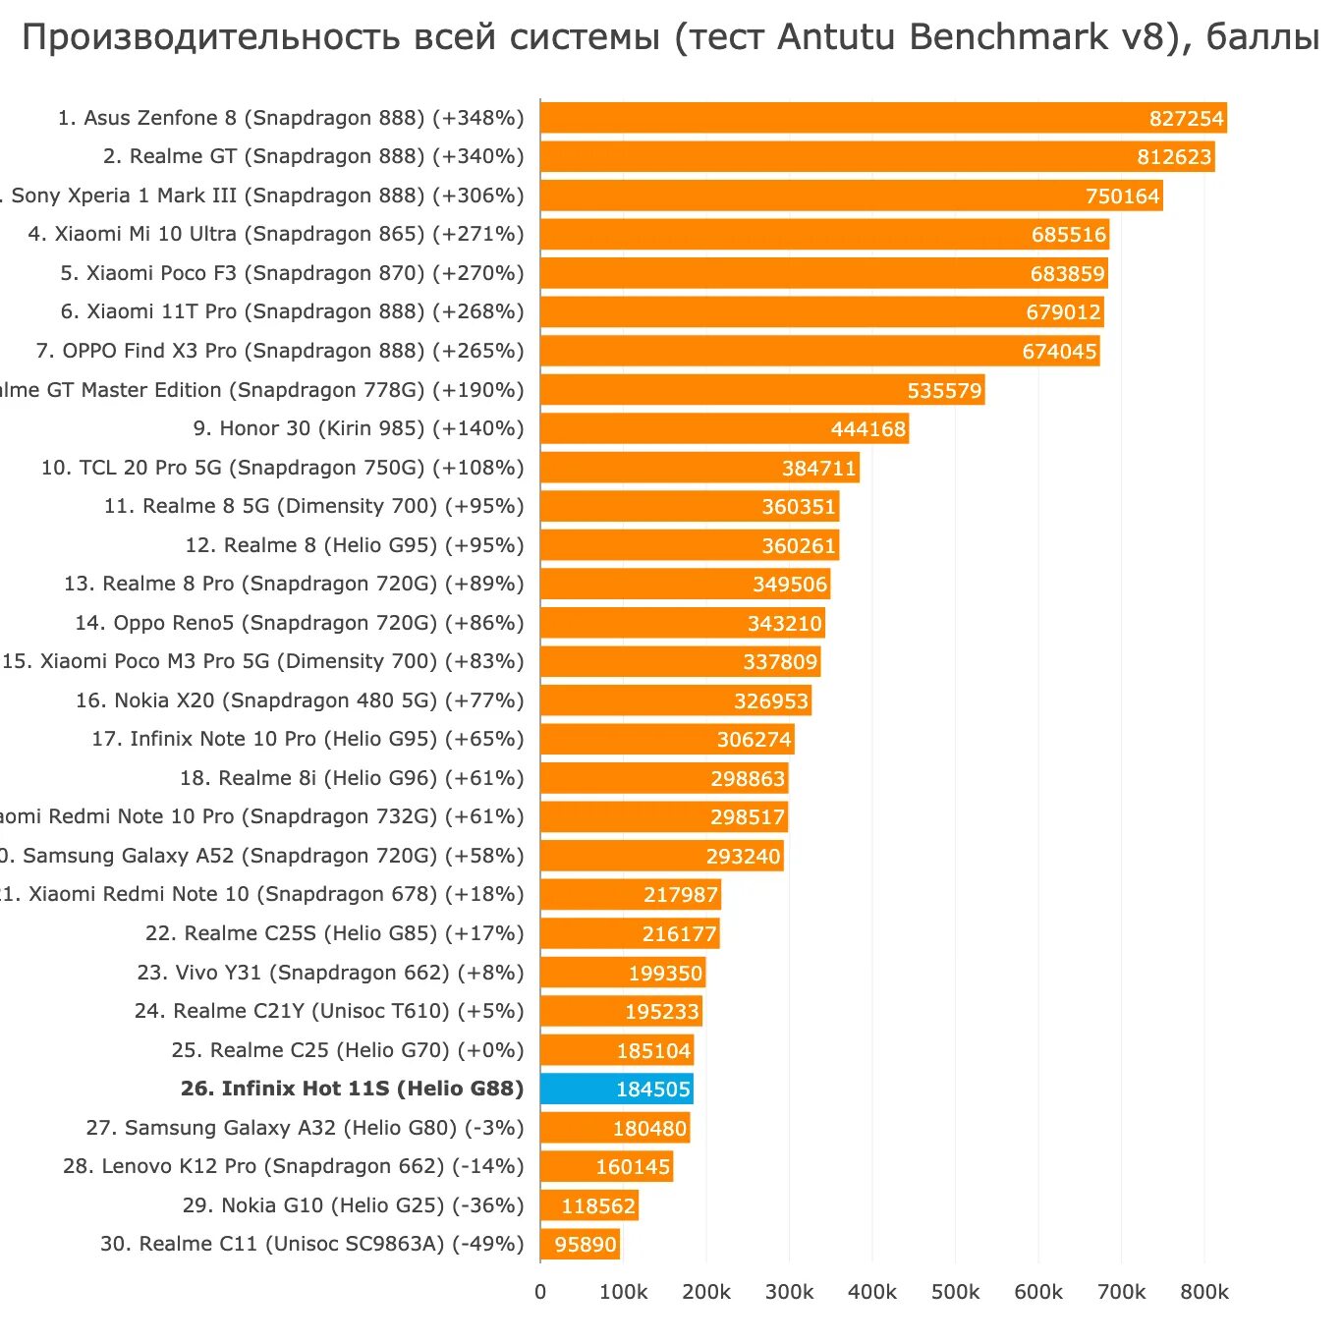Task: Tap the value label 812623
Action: [x=1174, y=157]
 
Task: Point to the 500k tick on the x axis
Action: [x=955, y=1292]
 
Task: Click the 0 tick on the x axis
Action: [x=540, y=1292]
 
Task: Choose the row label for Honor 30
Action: [x=359, y=428]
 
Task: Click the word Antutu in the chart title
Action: [x=839, y=37]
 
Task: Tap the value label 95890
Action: [x=586, y=1245]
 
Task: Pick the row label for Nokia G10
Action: [x=353, y=1205]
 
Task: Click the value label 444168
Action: [x=868, y=429]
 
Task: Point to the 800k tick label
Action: [x=1204, y=1292]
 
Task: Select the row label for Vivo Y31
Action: [x=330, y=973]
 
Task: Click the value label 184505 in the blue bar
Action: [x=653, y=1090]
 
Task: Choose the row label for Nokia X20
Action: [x=300, y=700]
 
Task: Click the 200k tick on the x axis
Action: [x=706, y=1292]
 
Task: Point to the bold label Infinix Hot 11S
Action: [x=352, y=1089]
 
